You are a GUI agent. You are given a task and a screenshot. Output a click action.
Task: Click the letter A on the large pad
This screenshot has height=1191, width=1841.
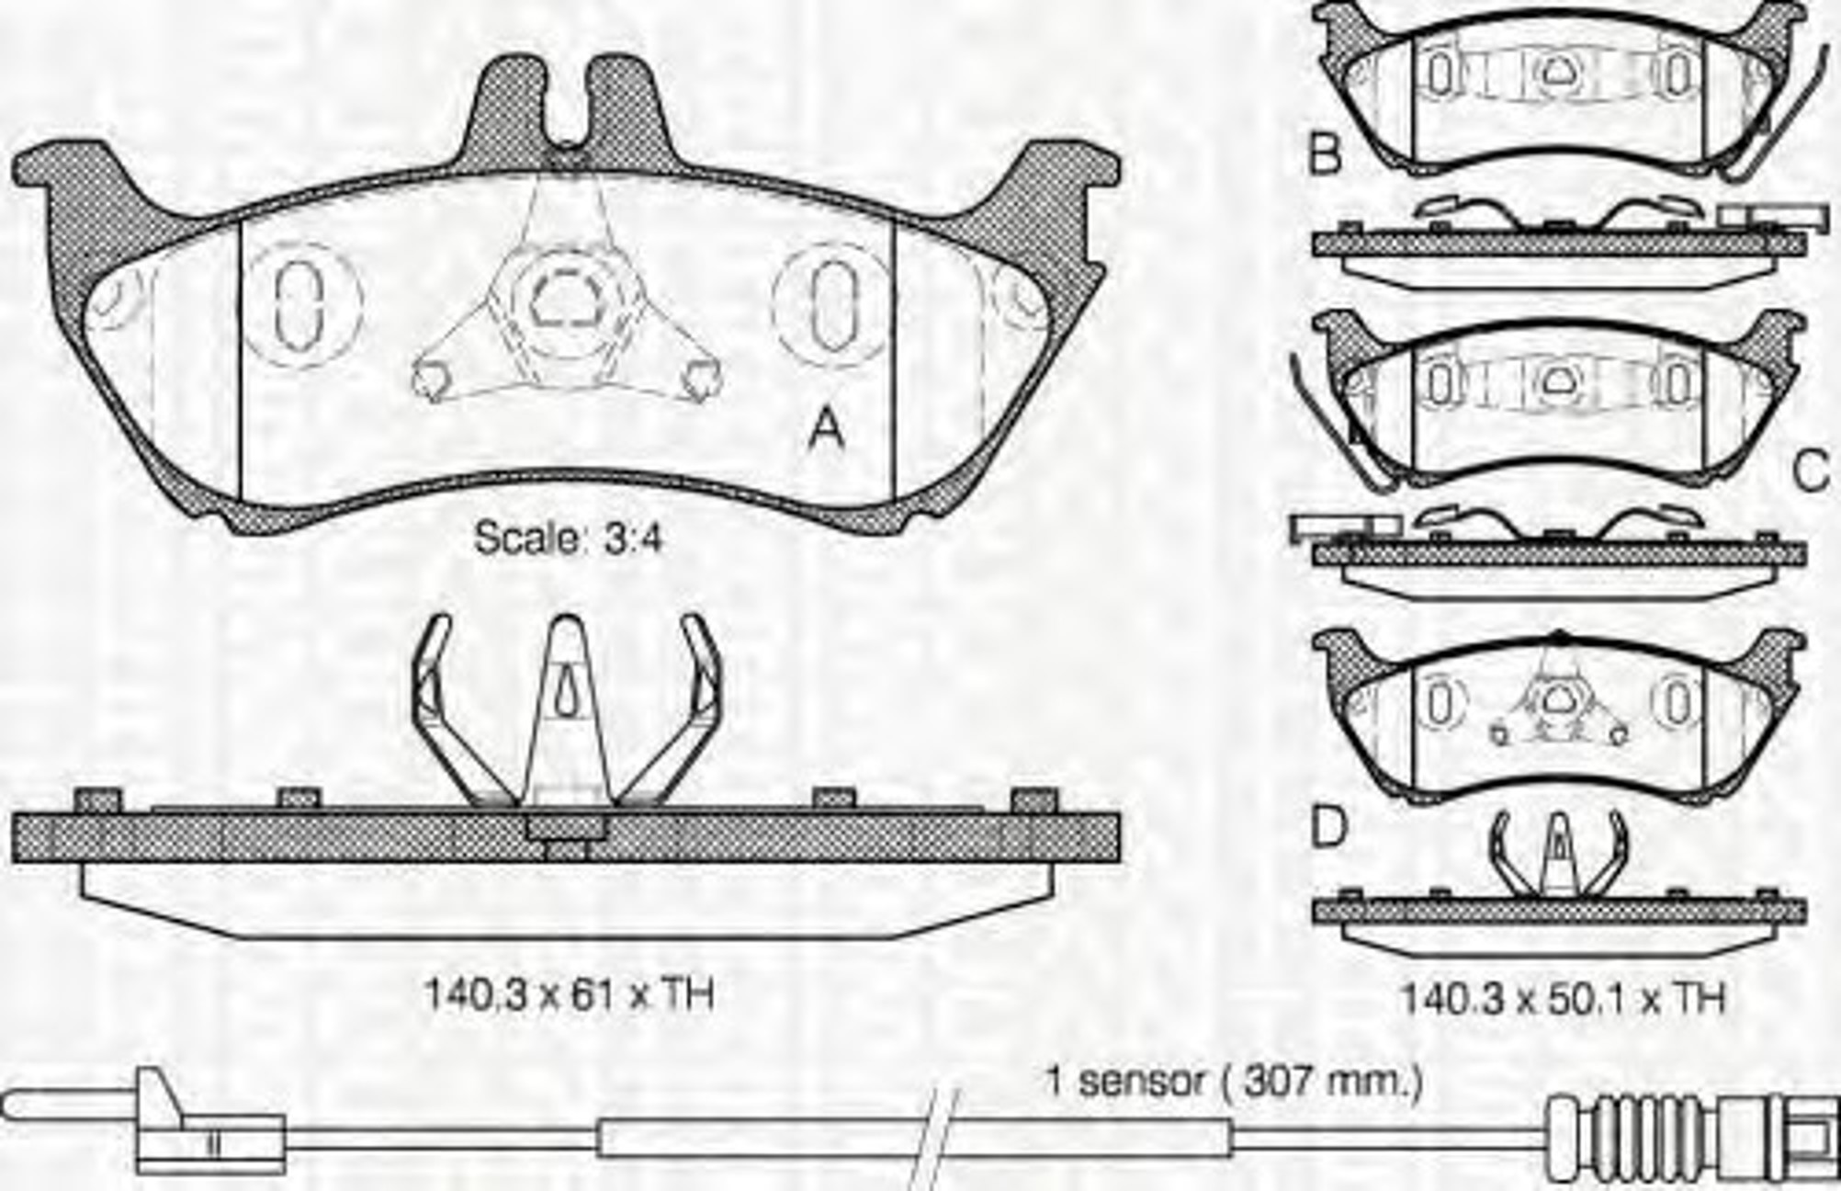(x=825, y=429)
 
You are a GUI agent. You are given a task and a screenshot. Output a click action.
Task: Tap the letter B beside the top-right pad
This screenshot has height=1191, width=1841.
(x=1325, y=154)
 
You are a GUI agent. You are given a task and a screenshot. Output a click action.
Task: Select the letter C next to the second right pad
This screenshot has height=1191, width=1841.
(x=1811, y=472)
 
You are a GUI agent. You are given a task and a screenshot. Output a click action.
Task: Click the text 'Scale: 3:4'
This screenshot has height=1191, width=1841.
(x=568, y=538)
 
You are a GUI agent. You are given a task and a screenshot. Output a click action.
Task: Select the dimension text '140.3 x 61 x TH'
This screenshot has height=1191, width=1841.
(x=569, y=994)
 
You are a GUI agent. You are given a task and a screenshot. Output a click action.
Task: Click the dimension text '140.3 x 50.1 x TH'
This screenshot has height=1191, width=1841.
(x=1563, y=998)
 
